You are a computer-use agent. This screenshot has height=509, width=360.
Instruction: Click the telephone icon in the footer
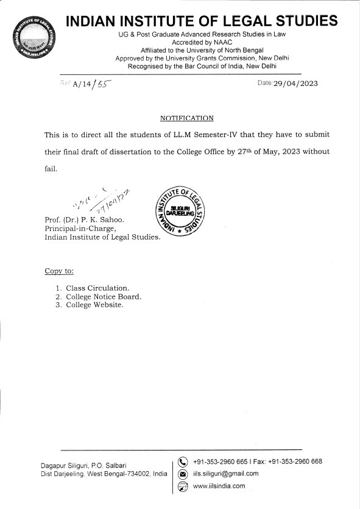pyautogui.click(x=182, y=461)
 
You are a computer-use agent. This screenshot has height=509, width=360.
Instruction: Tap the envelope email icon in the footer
pyautogui.click(x=182, y=474)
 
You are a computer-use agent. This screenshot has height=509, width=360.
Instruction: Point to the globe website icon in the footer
pyautogui.click(x=182, y=486)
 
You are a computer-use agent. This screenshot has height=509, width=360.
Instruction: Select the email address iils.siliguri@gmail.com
pyautogui.click(x=225, y=474)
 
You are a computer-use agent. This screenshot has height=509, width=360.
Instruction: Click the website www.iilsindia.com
pyautogui.click(x=219, y=486)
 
